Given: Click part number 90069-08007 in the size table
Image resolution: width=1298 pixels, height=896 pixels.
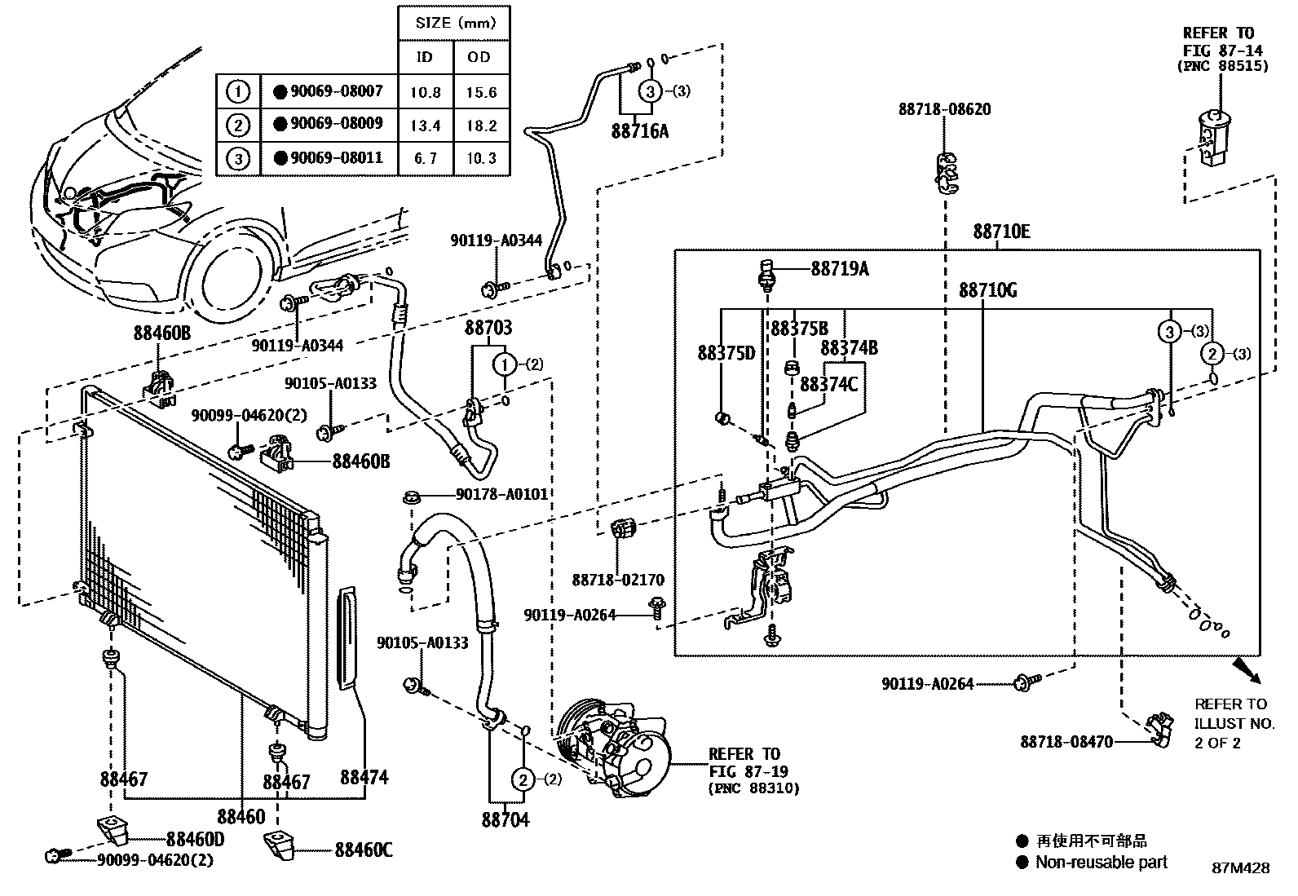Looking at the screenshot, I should (336, 91).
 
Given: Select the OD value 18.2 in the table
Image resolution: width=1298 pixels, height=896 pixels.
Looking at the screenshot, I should (481, 126).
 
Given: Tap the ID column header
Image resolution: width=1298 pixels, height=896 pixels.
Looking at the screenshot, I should (425, 57).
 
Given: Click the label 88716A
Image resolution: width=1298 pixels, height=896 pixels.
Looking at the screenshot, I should (639, 130).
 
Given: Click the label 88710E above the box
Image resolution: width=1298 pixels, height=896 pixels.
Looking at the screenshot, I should (1000, 232).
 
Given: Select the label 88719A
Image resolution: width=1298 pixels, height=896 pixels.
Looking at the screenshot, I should (839, 268).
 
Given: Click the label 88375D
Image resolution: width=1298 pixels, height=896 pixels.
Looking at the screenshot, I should (726, 353).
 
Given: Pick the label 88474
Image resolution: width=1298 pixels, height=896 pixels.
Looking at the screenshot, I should (364, 777).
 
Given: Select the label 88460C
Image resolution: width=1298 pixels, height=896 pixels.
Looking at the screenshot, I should (363, 850).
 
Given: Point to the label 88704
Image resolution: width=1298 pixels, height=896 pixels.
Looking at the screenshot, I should (505, 819).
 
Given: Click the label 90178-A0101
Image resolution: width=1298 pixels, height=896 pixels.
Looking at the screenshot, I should (501, 494).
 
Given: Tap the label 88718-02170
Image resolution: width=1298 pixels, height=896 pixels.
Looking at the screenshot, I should (617, 580).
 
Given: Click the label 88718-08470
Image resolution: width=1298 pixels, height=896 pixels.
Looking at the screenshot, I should (1066, 742).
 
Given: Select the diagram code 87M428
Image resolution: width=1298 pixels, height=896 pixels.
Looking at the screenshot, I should (1239, 868).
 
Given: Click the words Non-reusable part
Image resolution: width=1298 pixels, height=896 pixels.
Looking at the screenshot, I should (1101, 862).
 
